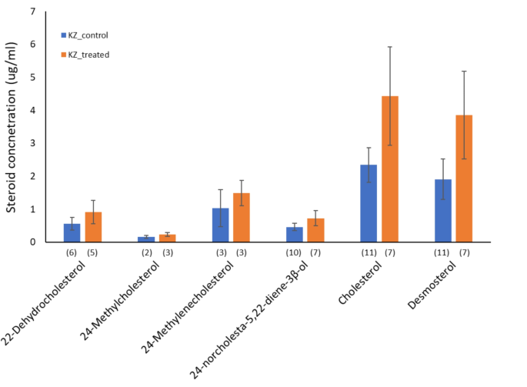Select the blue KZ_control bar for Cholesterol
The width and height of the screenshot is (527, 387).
369,203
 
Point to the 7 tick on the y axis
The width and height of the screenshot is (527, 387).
32,12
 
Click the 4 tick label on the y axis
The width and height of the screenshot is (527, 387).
32,110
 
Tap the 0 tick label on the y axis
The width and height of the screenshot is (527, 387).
32,242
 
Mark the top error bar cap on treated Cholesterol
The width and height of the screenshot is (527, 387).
390,47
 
